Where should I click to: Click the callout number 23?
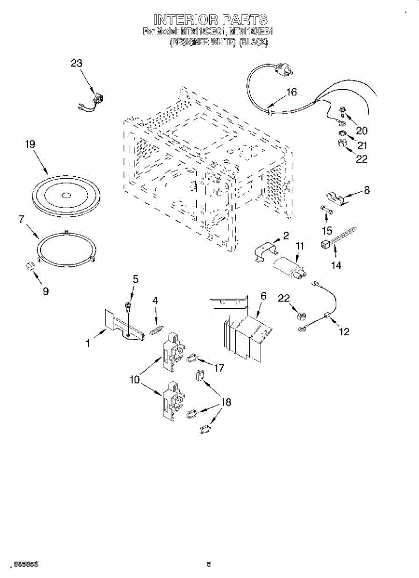(x=77, y=63)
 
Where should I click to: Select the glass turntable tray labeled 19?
(x=67, y=195)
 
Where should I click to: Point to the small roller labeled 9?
(x=30, y=267)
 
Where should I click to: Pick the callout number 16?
(x=291, y=92)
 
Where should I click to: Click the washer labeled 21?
(x=341, y=132)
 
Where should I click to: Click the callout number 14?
(x=336, y=265)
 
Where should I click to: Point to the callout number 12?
(x=344, y=331)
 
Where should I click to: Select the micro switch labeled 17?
(x=191, y=358)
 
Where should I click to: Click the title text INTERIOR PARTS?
(x=210, y=20)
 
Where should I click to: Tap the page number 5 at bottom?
(x=209, y=564)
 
